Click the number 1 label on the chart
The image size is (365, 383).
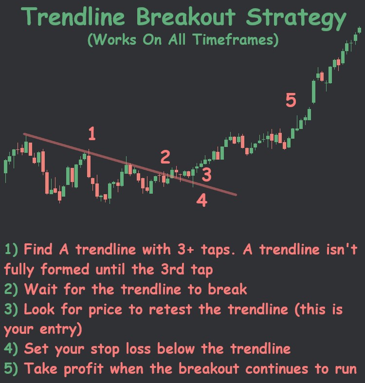91,134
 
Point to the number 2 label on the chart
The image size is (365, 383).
165,157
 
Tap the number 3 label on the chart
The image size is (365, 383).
206,174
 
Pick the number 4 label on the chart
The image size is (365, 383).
201,200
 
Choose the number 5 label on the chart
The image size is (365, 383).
291,101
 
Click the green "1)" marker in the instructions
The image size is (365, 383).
11,250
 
